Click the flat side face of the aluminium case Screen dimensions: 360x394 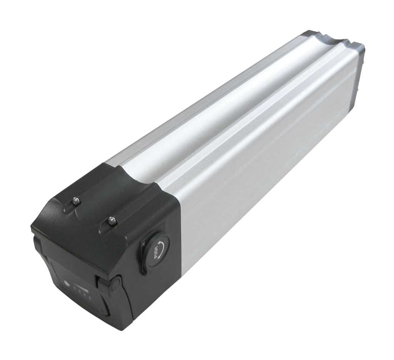pos(269,173)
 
